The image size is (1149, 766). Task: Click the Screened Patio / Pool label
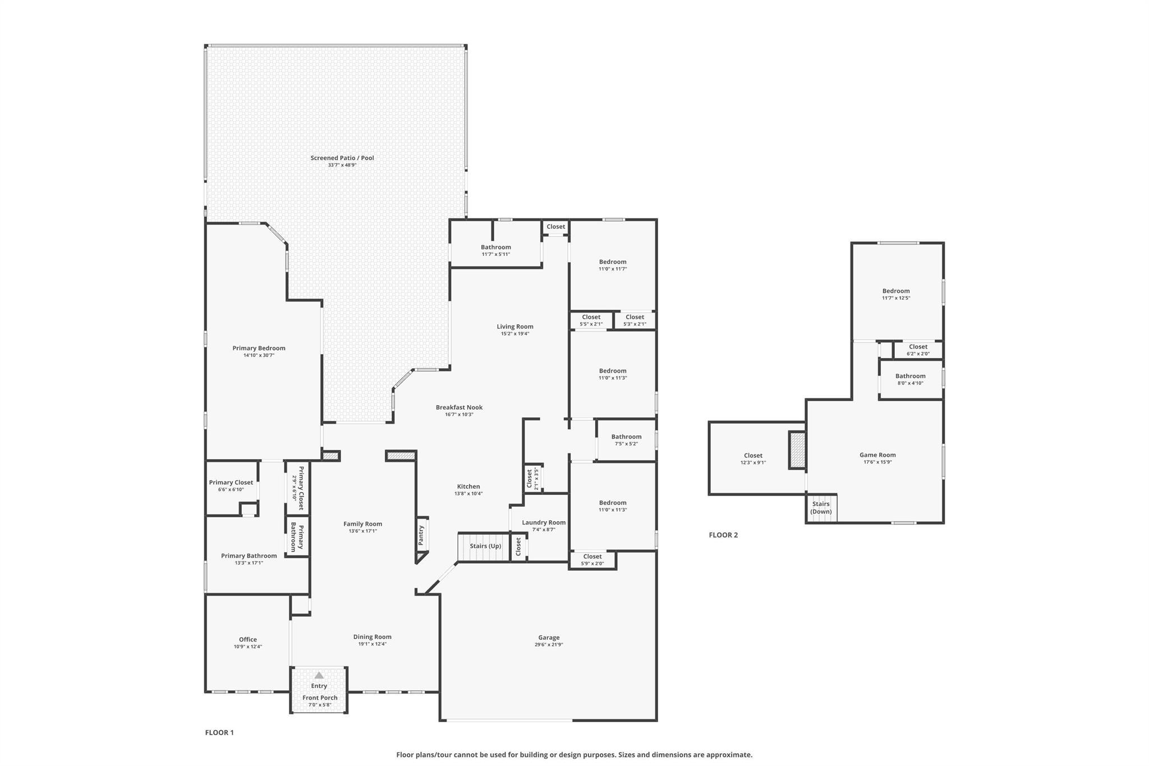342,158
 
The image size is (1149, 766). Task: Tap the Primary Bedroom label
259,348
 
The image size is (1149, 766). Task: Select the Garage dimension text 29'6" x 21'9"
549,645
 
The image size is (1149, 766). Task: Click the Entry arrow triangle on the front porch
319,675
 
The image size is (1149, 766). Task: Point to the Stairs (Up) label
485,546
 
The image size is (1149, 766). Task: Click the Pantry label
421,535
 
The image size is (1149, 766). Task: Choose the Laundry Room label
544,522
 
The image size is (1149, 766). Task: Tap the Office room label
248,640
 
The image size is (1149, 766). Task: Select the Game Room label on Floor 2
877,455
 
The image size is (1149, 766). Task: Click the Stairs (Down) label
821,508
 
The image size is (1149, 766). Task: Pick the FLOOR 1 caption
219,732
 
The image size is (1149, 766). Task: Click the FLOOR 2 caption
723,535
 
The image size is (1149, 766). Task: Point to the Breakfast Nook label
459,407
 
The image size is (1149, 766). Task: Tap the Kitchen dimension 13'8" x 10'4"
468,494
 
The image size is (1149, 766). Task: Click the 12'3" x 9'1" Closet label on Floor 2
753,456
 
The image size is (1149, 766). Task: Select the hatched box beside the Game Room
797,449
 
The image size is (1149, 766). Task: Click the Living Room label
515,327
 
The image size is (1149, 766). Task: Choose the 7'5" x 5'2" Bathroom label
626,437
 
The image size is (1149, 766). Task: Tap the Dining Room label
373,637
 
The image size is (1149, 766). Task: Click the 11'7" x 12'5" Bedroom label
896,291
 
